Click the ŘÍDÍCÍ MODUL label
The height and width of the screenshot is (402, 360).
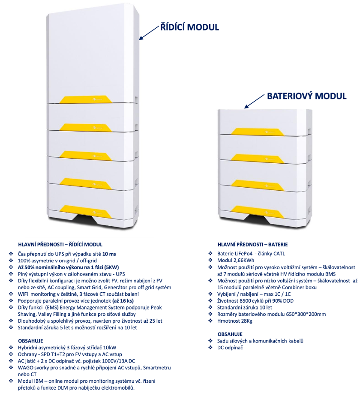click(189, 27)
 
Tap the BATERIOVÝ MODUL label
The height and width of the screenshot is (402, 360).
click(306, 96)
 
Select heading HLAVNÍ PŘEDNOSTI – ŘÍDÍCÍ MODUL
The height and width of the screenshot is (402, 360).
click(60, 244)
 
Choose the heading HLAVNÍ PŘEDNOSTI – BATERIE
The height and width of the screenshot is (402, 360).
click(252, 244)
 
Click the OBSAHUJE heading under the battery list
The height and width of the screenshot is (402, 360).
click(230, 334)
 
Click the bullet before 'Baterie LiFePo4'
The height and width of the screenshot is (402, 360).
click(210, 254)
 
